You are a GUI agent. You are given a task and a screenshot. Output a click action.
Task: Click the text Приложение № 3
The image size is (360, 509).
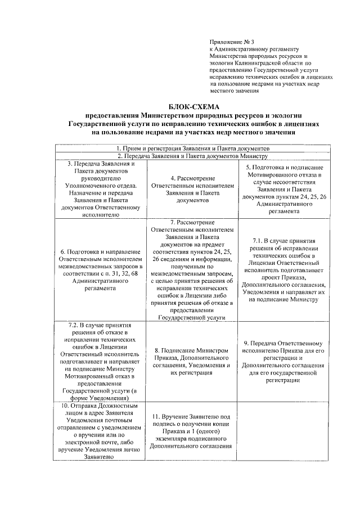coord(232,42)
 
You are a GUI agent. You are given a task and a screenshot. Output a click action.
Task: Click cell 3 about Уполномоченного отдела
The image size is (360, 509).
coord(101,188)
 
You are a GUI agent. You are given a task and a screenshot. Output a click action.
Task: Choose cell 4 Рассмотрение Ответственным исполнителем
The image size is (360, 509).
coord(189,188)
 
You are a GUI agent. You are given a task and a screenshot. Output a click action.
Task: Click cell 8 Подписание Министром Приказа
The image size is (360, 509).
coord(189,361)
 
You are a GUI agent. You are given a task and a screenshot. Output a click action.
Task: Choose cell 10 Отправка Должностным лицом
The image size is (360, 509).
coord(101,431)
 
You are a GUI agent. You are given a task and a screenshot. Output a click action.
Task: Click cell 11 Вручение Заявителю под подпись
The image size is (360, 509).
coord(189,431)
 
